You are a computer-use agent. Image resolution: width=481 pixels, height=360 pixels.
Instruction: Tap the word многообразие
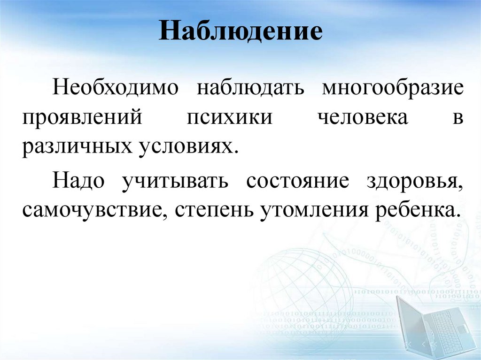[393, 88]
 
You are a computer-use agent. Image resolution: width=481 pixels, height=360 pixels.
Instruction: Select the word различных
[75, 146]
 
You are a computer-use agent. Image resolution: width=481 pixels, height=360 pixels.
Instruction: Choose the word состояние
[297, 181]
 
